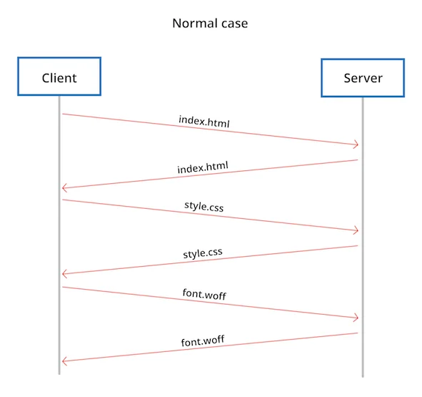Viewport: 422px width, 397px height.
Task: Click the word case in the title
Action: click(x=233, y=24)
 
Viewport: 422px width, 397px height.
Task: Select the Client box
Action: click(x=59, y=77)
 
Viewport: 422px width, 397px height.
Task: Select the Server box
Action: click(x=363, y=77)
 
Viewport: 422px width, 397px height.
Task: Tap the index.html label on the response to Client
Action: click(x=203, y=168)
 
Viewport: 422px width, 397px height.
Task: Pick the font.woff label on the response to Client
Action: click(x=204, y=341)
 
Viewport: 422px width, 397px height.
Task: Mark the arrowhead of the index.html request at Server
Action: click(x=355, y=145)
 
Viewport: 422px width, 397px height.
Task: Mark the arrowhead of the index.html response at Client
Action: click(x=65, y=188)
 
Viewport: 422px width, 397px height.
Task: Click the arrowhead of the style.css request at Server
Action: click(x=355, y=230)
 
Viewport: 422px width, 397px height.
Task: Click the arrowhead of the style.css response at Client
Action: click(x=65, y=274)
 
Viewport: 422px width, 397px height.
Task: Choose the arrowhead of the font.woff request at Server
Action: click(x=355, y=318)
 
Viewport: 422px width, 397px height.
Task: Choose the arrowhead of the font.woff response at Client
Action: click(x=65, y=361)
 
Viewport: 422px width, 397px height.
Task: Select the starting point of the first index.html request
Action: click(x=63, y=114)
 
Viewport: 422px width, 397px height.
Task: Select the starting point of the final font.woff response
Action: click(x=357, y=333)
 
